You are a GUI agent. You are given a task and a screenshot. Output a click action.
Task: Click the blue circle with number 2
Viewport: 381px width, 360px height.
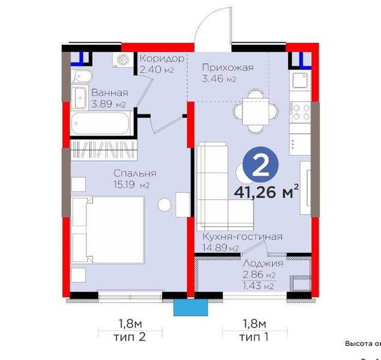(x=261, y=164)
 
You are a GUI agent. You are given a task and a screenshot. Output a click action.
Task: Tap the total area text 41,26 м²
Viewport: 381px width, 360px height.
(x=267, y=192)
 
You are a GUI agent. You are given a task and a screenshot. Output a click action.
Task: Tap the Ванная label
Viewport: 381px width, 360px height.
(x=109, y=93)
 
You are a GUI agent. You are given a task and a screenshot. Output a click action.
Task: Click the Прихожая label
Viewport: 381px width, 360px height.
(x=227, y=67)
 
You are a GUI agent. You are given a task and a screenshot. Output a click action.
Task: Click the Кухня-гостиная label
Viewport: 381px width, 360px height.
(x=242, y=237)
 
